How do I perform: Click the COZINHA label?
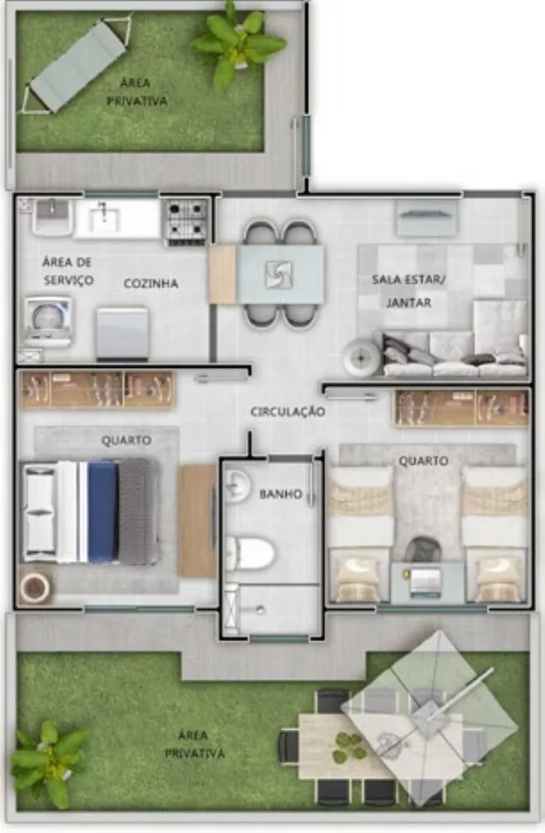click(151, 284)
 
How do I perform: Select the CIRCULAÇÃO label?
click(288, 412)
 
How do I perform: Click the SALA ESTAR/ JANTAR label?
click(409, 291)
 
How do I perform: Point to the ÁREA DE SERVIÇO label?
click(67, 272)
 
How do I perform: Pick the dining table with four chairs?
click(280, 273)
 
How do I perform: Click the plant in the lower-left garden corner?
click(48, 760)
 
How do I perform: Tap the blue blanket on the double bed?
click(102, 511)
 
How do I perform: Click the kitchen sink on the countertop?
click(105, 218)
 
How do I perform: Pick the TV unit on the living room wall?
click(427, 218)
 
